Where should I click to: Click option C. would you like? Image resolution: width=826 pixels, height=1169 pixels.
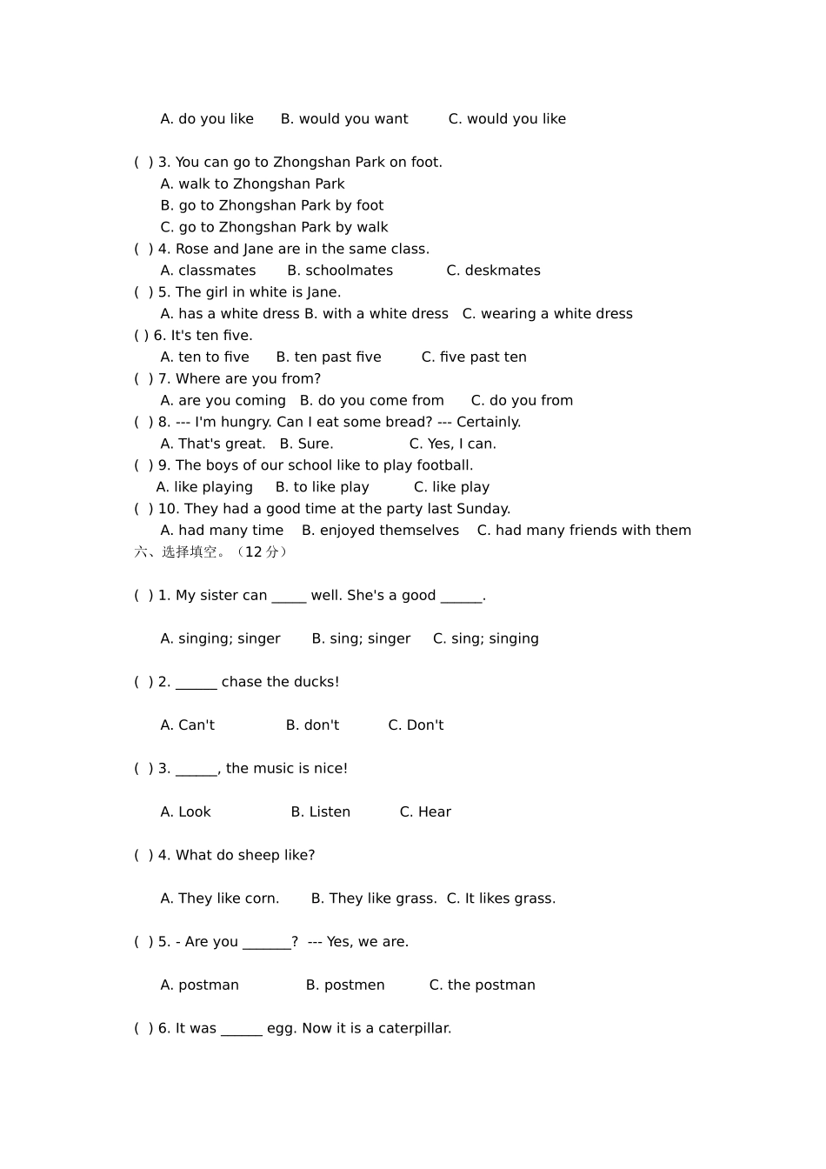point(507,119)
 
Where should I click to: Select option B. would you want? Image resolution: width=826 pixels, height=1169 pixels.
point(344,119)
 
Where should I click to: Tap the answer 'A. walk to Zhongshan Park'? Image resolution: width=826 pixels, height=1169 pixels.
point(252,184)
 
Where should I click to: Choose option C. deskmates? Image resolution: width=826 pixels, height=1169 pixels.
point(493,271)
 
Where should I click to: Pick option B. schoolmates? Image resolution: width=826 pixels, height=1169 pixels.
point(340,271)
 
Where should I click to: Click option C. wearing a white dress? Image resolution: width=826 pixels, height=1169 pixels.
point(547,314)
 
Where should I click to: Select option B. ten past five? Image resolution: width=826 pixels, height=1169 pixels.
point(329,357)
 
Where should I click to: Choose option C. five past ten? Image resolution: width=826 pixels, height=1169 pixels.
point(474,357)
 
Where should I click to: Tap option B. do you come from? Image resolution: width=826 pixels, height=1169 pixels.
point(371,401)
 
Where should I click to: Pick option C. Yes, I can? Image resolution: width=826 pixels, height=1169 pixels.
point(452,444)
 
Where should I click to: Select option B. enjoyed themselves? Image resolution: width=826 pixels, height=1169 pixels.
point(380,531)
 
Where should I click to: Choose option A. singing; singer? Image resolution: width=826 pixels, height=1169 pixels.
point(220,639)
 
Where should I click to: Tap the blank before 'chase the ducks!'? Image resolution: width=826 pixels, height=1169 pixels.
point(197,683)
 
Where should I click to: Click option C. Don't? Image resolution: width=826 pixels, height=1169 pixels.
point(416,725)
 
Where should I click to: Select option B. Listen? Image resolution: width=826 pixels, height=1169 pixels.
point(320,812)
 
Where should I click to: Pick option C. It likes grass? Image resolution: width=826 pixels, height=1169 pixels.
point(501,898)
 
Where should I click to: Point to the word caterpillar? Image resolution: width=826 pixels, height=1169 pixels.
point(414,1029)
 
